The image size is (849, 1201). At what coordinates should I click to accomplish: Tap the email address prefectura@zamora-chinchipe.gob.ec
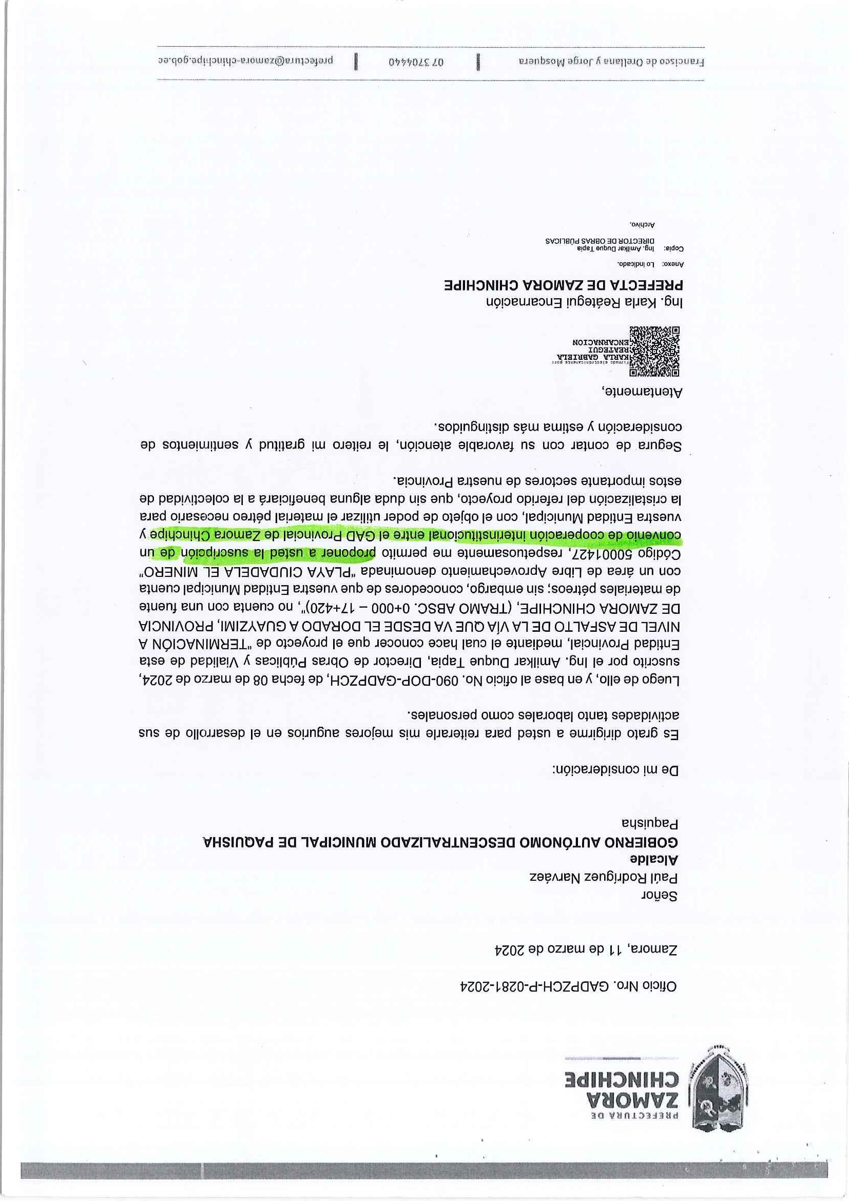point(248,61)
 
